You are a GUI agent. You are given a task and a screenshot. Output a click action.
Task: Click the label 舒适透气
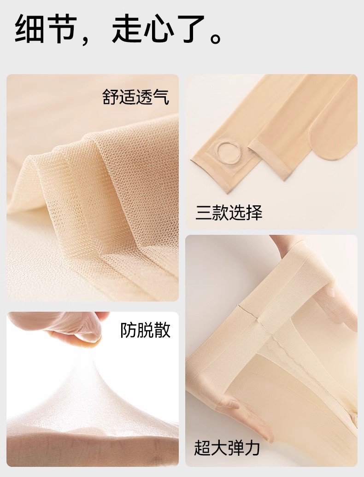136,97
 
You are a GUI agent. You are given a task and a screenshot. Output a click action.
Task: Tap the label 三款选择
229,212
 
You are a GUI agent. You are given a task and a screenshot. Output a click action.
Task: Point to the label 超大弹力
227,448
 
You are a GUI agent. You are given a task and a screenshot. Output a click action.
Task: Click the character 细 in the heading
29,29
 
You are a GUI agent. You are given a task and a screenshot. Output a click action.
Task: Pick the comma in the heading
86,40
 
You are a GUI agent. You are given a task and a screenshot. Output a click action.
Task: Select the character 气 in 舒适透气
161,97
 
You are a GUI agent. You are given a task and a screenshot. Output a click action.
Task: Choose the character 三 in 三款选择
203,212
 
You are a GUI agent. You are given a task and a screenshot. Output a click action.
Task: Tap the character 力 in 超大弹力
252,448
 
